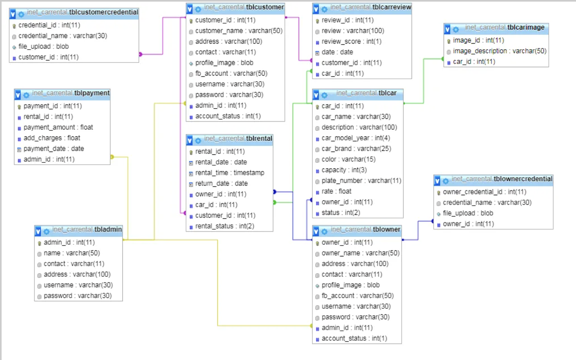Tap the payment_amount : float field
tap(58, 127)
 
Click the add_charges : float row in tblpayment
tap(52, 138)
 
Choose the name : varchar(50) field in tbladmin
tap(72, 253)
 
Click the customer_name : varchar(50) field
tap(238, 31)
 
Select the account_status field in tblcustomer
tap(228, 116)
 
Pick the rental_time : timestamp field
tap(230, 173)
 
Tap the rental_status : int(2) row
tap(224, 226)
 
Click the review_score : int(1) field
tap(351, 42)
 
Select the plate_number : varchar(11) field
tap(361, 181)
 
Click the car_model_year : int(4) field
tap(356, 138)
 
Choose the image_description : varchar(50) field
tap(499, 51)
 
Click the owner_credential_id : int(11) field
tap(484, 192)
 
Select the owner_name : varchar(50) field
tap(360, 253)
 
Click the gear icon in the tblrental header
tap(198, 141)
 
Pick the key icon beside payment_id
tap(19, 107)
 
